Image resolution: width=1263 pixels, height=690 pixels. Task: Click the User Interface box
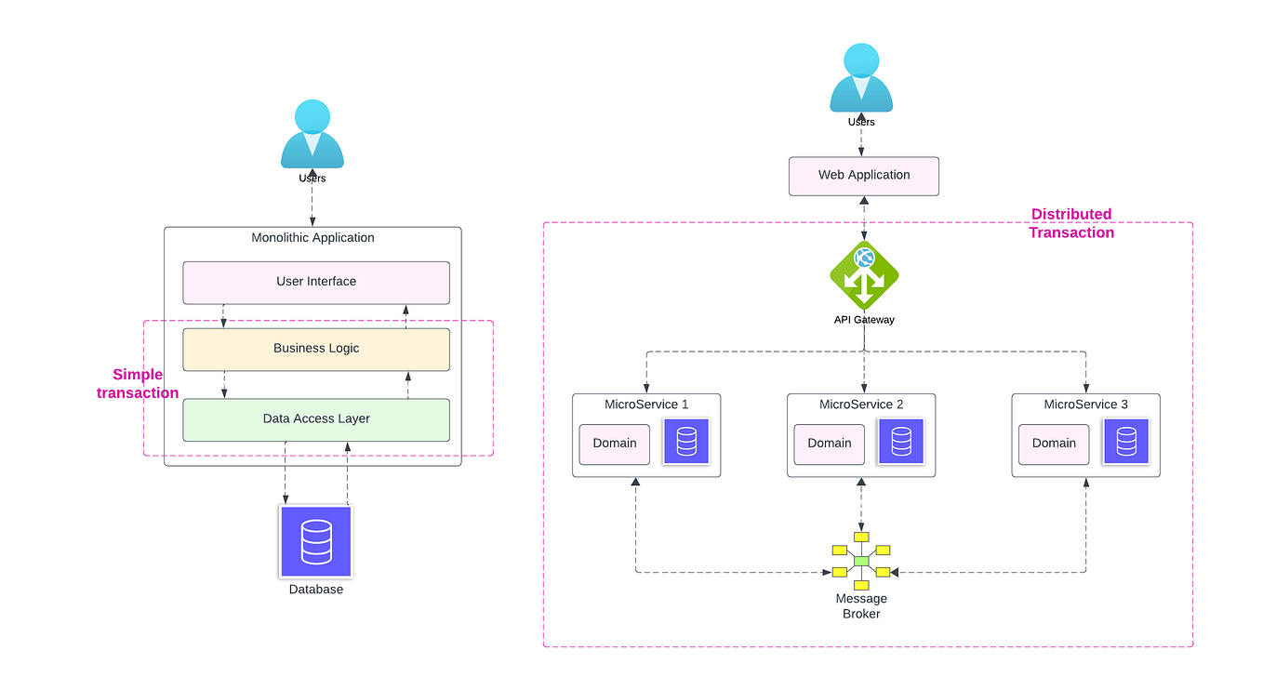pyautogui.click(x=316, y=282)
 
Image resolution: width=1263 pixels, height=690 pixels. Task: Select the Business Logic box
pyautogui.click(x=316, y=349)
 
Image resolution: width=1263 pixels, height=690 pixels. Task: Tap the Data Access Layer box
pyautogui.click(x=316, y=419)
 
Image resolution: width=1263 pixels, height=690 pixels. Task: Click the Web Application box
pyautogui.click(x=864, y=176)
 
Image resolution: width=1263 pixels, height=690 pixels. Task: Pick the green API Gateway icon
pyautogui.click(x=864, y=276)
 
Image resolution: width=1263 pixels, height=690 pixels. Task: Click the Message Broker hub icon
pyautogui.click(x=861, y=561)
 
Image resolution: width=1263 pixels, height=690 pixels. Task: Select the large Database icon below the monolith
pyautogui.click(x=316, y=541)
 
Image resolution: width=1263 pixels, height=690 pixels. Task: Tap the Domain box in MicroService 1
pyautogui.click(x=615, y=444)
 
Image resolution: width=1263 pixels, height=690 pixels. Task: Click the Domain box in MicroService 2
pyautogui.click(x=830, y=444)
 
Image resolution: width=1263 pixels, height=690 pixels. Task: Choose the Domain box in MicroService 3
pyautogui.click(x=1054, y=444)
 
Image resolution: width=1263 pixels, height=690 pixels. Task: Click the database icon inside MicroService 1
pyautogui.click(x=686, y=442)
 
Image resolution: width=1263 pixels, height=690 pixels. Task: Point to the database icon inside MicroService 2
pyautogui.click(x=901, y=442)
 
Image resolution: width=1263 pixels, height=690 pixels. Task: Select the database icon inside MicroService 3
pyautogui.click(x=1125, y=442)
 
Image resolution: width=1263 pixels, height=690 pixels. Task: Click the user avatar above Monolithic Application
pyautogui.click(x=312, y=135)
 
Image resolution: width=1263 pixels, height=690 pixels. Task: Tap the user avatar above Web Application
pyautogui.click(x=861, y=79)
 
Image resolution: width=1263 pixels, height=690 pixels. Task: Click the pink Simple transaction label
pyautogui.click(x=138, y=384)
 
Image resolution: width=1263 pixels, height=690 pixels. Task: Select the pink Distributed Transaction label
pyautogui.click(x=1071, y=223)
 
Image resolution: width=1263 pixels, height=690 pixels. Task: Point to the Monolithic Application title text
pyautogui.click(x=312, y=238)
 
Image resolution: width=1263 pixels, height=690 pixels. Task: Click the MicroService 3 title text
pyautogui.click(x=1085, y=405)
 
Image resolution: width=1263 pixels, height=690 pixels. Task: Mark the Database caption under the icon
pyautogui.click(x=316, y=590)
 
